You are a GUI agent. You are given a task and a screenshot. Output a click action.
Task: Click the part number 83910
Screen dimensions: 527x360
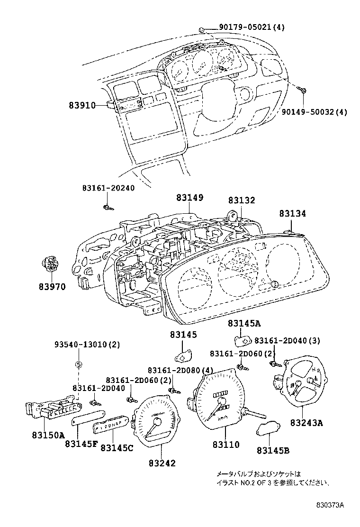pyautogui.click(x=82, y=105)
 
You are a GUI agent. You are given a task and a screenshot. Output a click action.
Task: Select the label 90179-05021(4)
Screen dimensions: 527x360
pyautogui.click(x=252, y=27)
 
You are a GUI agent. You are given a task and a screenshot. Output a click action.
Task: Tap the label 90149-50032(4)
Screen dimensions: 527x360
pyautogui.click(x=314, y=112)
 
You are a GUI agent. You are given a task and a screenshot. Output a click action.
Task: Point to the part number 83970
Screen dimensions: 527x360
pyautogui.click(x=52, y=287)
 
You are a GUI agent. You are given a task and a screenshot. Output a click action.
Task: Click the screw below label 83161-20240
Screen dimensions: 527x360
pyautogui.click(x=108, y=207)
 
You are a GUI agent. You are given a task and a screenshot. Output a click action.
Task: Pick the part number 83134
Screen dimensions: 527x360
pyautogui.click(x=292, y=214)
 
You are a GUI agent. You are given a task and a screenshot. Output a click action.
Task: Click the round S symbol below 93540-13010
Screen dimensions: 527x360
pyautogui.click(x=79, y=364)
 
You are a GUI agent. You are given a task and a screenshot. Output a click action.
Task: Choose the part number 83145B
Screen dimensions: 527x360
pyautogui.click(x=273, y=450)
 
